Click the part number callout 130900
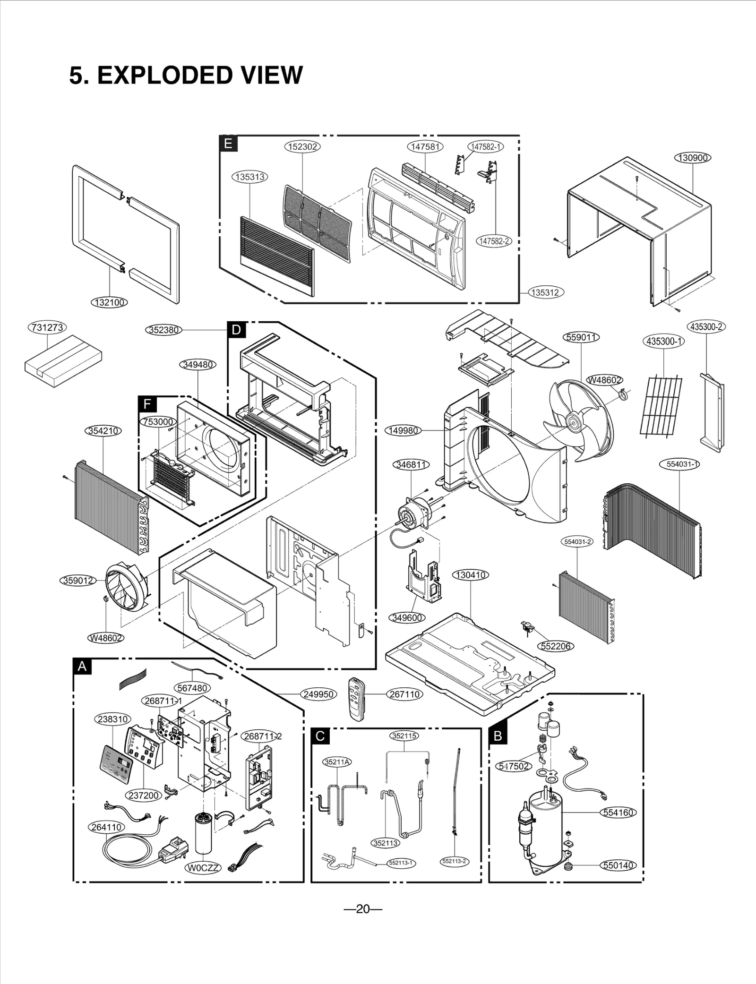pyautogui.click(x=692, y=158)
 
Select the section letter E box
pyautogui.click(x=228, y=144)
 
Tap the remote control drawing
pyautogui.click(x=358, y=699)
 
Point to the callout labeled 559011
pyautogui.click(x=582, y=337)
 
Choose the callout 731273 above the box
pyautogui.click(x=48, y=327)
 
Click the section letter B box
pyautogui.click(x=498, y=736)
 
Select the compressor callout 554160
pyautogui.click(x=619, y=813)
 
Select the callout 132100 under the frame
pyautogui.click(x=109, y=302)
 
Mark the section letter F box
pyautogui.click(x=147, y=404)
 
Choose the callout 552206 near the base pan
pyautogui.click(x=556, y=646)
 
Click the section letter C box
pyautogui.click(x=320, y=736)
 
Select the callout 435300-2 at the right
pyautogui.click(x=706, y=327)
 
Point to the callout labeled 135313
pyautogui.click(x=250, y=177)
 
